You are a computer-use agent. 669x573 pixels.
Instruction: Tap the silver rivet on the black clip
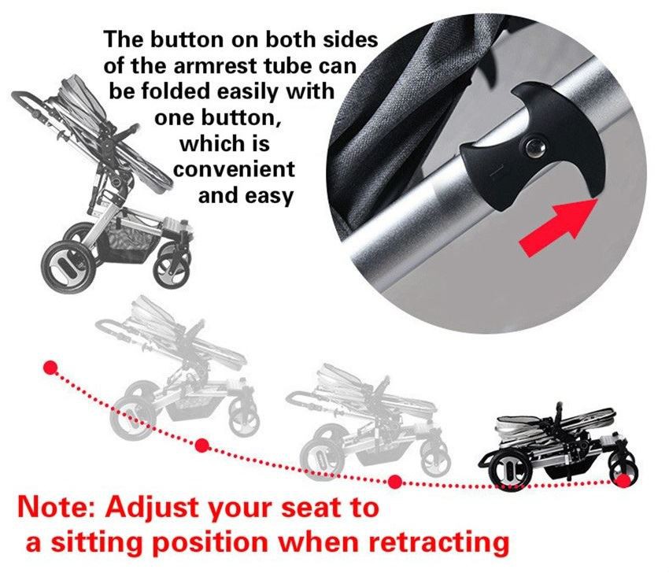534,148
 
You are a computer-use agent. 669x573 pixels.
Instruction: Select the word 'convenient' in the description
234,170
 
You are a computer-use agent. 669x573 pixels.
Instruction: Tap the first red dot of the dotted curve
51,368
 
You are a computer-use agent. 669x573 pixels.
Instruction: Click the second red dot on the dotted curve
201,445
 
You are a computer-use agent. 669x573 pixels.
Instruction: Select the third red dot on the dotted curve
395,482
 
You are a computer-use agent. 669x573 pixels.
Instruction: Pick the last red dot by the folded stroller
624,481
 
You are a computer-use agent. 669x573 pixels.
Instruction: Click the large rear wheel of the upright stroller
68,267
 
